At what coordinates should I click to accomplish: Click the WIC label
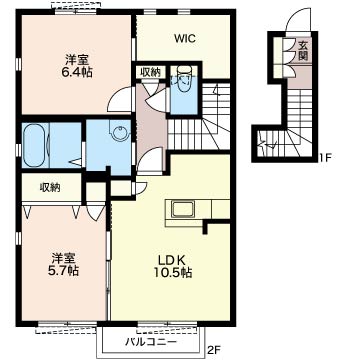184,39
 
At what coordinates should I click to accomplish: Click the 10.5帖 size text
172,273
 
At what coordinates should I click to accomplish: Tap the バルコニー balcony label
151,342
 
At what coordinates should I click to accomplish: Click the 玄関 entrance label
303,50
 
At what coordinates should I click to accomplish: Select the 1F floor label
324,157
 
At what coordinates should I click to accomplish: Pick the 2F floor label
214,350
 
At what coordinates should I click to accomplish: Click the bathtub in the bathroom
35,145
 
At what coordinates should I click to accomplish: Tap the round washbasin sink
119,133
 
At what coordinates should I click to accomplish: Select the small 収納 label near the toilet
151,71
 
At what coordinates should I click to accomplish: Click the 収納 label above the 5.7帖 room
50,188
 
